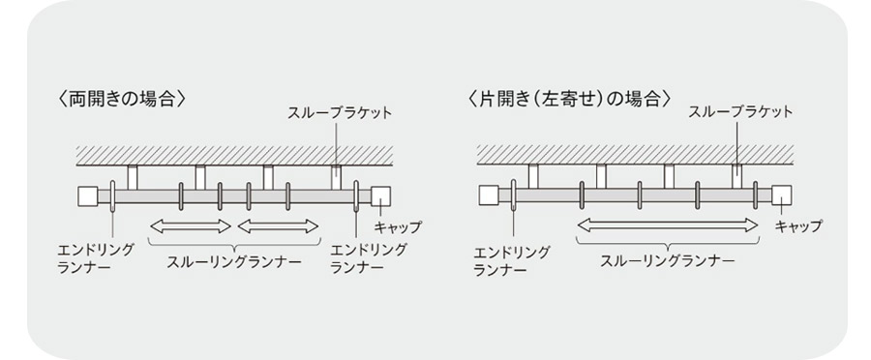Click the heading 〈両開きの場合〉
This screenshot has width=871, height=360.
coord(122,99)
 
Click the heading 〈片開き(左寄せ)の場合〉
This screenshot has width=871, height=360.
coord(569,99)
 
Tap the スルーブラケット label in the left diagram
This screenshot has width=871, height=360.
coord(340,113)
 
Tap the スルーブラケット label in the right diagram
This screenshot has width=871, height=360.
coord(740,112)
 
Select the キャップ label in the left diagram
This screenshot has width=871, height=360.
coord(398,227)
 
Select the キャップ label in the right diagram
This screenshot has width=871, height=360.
coord(798,226)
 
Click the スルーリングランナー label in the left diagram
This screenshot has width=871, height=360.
coord(234,261)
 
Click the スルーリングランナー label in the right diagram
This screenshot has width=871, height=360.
coord(667,261)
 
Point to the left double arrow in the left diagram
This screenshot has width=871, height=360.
coord(191,226)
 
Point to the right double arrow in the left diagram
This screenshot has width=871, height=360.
coord(278,226)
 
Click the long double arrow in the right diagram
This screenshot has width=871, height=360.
coord(668,225)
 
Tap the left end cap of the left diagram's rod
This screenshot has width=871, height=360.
coord(88,196)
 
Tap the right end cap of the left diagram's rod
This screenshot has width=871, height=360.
coord(381,196)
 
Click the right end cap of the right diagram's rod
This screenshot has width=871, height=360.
coord(782,195)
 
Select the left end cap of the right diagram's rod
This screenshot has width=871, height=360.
coord(489,195)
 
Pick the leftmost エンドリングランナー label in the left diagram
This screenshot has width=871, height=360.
coord(96,258)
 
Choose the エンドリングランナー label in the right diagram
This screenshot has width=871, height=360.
coord(512,261)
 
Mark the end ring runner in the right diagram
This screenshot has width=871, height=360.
coord(513,195)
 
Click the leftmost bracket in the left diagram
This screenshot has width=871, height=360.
coord(133,178)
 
